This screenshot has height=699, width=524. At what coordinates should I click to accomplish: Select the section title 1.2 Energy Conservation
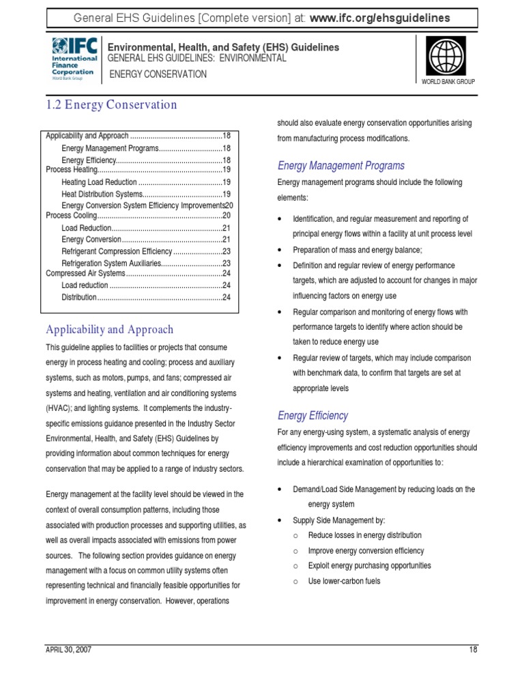coord(111,104)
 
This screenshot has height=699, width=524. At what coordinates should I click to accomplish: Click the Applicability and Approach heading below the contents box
coord(109,329)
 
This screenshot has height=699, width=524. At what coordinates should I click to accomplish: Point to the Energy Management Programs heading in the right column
coord(340,165)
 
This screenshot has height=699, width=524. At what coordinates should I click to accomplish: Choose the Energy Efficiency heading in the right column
coord(312,415)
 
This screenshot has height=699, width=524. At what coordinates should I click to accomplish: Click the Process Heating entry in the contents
coord(72,169)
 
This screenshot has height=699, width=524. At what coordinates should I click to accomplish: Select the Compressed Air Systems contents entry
coord(85,274)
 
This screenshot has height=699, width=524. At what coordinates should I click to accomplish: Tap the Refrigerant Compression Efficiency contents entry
coord(117,251)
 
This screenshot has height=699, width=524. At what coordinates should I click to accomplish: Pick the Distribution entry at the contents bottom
coord(78,297)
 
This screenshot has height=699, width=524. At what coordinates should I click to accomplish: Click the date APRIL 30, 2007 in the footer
coord(68,649)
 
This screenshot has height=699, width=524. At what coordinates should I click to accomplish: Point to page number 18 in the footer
coord(473,649)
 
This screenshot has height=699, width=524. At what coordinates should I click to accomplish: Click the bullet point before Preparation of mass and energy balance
coord(280,251)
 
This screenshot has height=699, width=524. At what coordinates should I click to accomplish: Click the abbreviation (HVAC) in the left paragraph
coord(60,408)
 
